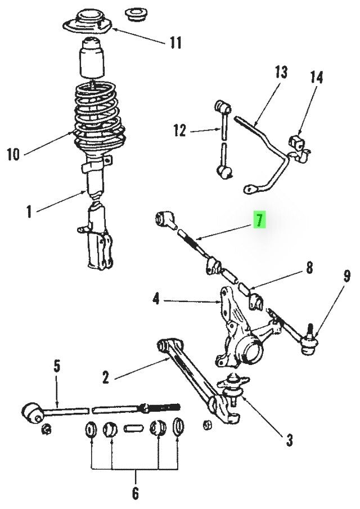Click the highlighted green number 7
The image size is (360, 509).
pyautogui.click(x=259, y=221)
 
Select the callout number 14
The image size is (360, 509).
pyautogui.click(x=316, y=77)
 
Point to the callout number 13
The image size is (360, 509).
pyautogui.click(x=281, y=73)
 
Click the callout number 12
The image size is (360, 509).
pyautogui.click(x=179, y=131)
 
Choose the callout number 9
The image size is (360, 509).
pyautogui.click(x=346, y=276)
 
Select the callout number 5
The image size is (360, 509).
pyautogui.click(x=56, y=367)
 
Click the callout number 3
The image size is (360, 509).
pyautogui.click(x=289, y=440)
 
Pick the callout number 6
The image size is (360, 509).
pyautogui.click(x=135, y=494)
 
